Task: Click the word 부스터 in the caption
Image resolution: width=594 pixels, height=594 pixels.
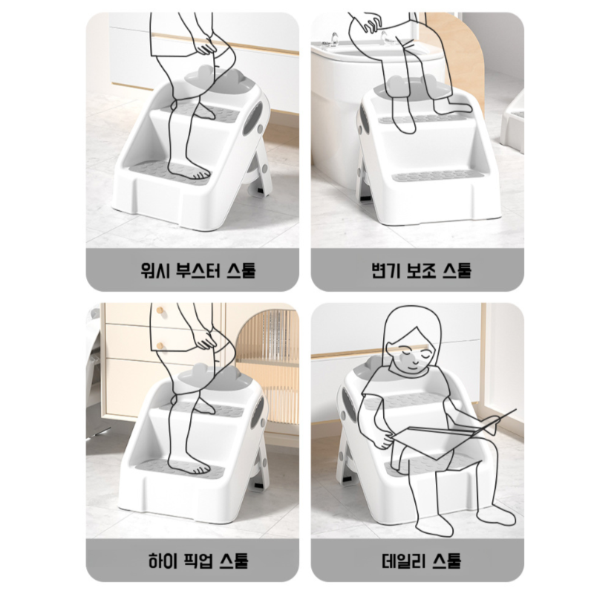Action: [x=195, y=268]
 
